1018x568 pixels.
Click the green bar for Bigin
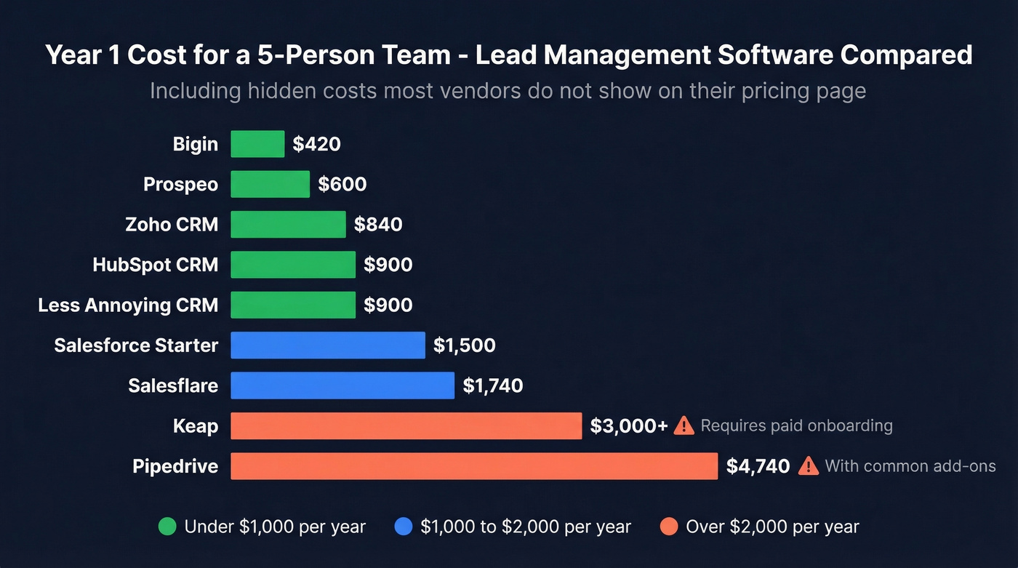257,144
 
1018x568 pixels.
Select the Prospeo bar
270,184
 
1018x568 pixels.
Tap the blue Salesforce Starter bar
327,345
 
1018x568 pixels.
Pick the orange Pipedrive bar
473,466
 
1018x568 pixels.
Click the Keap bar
406,426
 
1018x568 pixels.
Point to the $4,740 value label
758,466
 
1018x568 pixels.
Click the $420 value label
316,144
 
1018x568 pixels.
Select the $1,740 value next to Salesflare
492,385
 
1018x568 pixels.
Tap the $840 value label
377,225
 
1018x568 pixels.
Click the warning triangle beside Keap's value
684,425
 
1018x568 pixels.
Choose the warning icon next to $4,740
808,466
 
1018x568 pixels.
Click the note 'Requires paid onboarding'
796,426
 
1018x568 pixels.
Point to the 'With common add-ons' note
910,466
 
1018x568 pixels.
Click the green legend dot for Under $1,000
167,527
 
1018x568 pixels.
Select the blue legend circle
403,527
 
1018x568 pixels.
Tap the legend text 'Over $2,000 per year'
772,527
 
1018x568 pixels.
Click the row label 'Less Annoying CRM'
128,305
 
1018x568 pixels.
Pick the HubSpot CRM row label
155,265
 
